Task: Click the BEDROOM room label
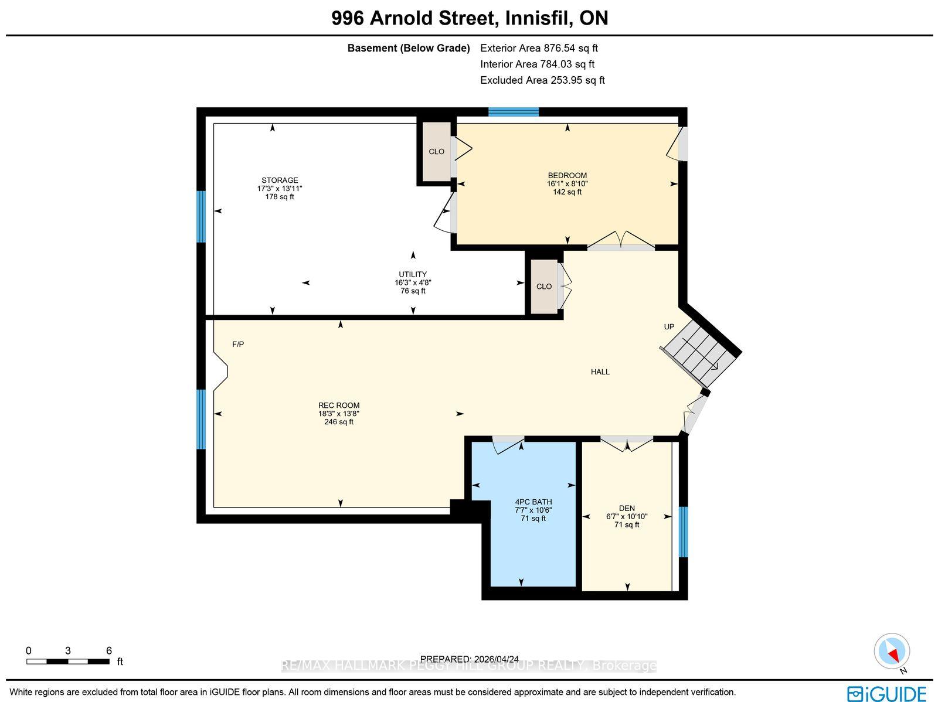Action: click(x=567, y=176)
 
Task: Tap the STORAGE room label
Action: click(x=280, y=180)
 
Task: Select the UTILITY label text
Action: click(x=413, y=274)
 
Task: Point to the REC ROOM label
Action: click(x=339, y=405)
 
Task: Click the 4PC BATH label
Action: click(x=533, y=502)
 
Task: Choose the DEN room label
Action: click(x=627, y=508)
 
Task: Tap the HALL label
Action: click(x=600, y=372)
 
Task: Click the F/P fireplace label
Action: click(x=238, y=344)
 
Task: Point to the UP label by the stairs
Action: click(x=669, y=326)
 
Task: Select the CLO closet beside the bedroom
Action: click(x=436, y=152)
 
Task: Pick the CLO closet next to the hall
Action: click(x=544, y=287)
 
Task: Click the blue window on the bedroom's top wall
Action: click(x=514, y=112)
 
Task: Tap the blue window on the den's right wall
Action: click(x=684, y=531)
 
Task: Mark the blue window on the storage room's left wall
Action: click(x=201, y=216)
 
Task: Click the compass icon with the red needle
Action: click(x=892, y=652)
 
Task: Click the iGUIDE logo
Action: click(x=887, y=693)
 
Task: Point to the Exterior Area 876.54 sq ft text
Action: click(x=539, y=48)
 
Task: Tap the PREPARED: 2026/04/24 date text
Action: click(x=469, y=659)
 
